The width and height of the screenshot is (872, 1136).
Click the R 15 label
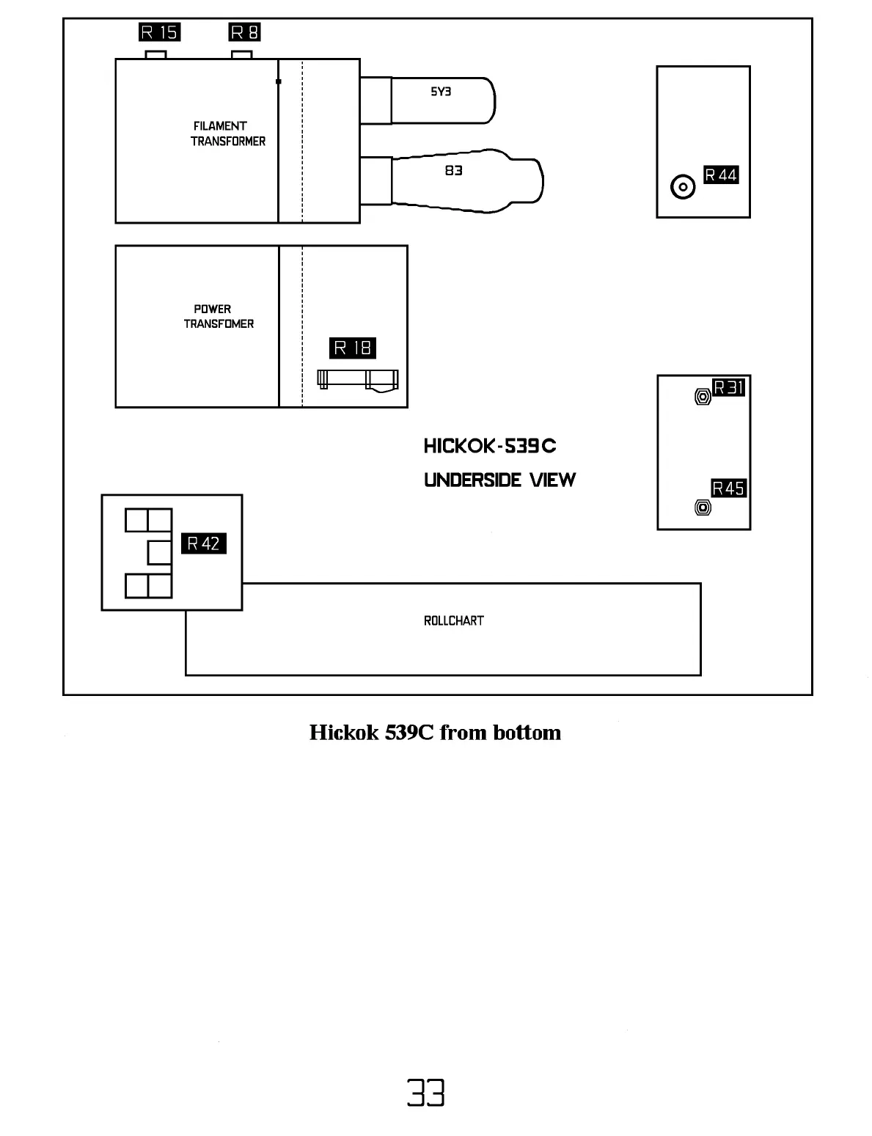point(159,32)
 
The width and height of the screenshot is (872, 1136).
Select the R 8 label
point(245,32)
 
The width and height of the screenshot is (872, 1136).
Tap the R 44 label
point(721,175)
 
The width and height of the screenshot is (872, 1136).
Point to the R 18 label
point(353,348)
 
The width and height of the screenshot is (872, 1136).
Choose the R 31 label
point(729,387)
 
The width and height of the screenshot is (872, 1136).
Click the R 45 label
point(728,488)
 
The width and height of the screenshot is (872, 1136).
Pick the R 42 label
point(203,543)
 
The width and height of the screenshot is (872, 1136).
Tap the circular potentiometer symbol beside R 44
point(684,187)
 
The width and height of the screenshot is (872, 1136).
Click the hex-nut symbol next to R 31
point(702,397)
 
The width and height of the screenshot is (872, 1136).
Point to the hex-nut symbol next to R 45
point(702,507)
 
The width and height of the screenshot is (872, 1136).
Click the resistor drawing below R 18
point(358,380)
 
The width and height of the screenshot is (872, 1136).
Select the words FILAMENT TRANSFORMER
point(227,133)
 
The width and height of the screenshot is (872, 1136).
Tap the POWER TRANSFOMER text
point(218,316)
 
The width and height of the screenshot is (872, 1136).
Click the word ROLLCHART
point(453,620)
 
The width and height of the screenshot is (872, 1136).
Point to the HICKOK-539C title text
point(490,446)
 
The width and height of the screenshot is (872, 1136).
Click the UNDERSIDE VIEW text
point(499,480)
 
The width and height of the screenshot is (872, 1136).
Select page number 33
point(426,1093)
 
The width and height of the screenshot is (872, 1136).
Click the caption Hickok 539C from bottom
point(435,732)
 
